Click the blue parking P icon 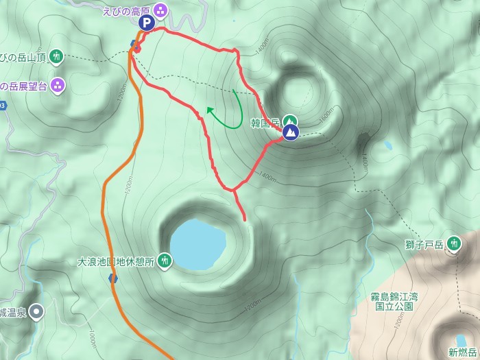[x=146, y=23]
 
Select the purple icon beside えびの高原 [x=160, y=10]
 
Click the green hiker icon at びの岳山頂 [x=57, y=56]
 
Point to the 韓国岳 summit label [x=265, y=124]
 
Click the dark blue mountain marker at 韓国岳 [x=290, y=131]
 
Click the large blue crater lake [x=197, y=244]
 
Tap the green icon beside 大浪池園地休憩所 [x=165, y=261]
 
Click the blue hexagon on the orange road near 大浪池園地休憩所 [x=112, y=278]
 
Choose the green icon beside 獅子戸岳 [x=454, y=243]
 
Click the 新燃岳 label [x=462, y=352]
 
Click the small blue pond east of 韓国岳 [x=387, y=145]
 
